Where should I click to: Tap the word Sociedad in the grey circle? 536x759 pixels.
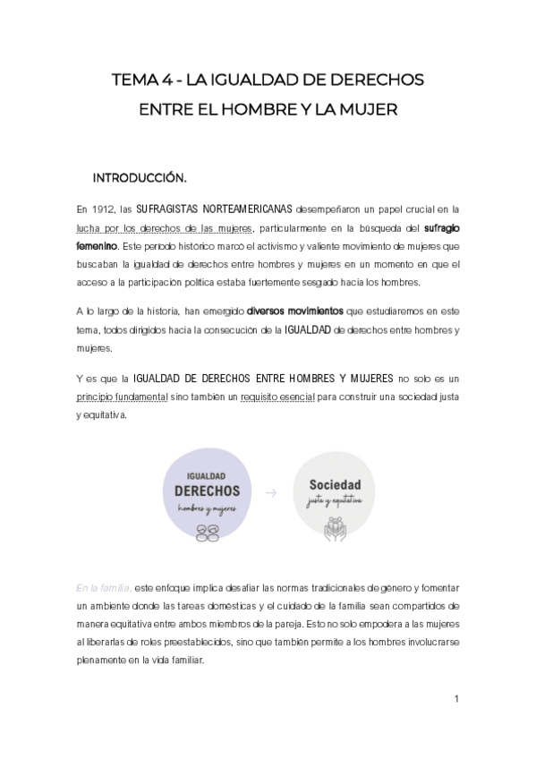pyautogui.click(x=328, y=485)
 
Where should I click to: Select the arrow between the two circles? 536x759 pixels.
pyautogui.click(x=271, y=493)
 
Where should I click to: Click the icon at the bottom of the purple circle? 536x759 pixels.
pyautogui.click(x=207, y=530)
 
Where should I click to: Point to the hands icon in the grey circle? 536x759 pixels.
pyautogui.click(x=328, y=525)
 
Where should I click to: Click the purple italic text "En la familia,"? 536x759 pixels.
pyautogui.click(x=104, y=587)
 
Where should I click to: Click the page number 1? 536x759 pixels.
pyautogui.click(x=456, y=698)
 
